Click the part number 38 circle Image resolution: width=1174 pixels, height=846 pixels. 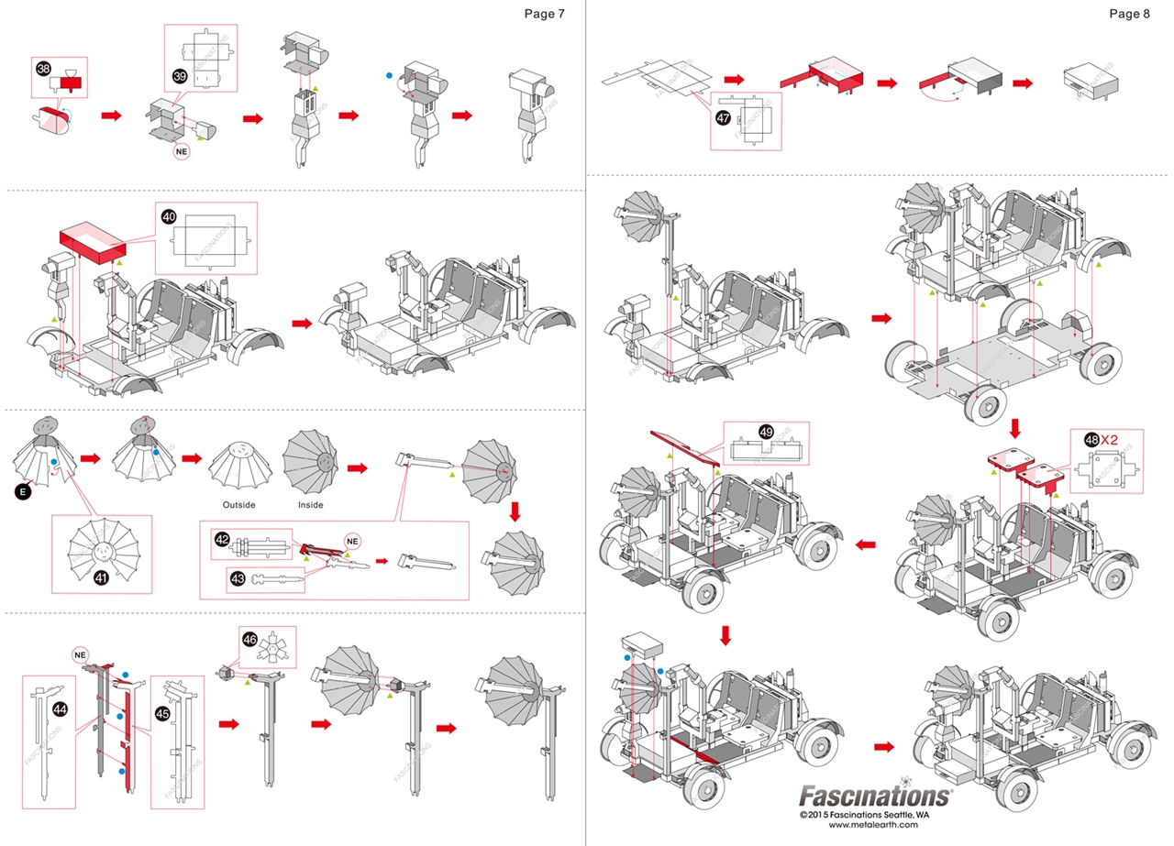click(43, 69)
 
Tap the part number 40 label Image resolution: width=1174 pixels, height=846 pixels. click(169, 216)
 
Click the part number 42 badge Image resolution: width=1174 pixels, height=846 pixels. click(222, 539)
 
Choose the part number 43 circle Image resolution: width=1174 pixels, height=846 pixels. click(238, 579)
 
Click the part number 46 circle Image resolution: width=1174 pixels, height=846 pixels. click(249, 638)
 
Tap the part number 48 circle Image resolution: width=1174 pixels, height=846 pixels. click(1091, 439)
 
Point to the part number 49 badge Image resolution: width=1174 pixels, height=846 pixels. click(767, 431)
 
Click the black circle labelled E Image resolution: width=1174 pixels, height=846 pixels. click(25, 492)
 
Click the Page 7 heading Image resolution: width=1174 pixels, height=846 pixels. click(545, 14)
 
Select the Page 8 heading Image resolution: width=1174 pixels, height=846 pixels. click(1128, 14)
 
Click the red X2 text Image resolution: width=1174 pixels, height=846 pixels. click(1115, 439)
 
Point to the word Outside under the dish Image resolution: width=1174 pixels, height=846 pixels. click(238, 505)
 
